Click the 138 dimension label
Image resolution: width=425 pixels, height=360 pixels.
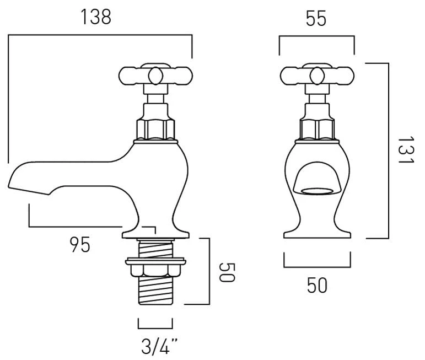tap(96, 17)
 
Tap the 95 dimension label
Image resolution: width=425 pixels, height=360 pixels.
tap(80, 245)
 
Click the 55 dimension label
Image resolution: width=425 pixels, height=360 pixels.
tap(316, 18)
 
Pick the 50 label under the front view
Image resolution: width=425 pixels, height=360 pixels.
tap(317, 285)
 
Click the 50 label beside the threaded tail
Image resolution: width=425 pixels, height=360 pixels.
tap(227, 272)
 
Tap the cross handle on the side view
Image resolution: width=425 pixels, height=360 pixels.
tap(155, 75)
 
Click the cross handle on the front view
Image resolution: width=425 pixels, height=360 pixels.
tap(317, 75)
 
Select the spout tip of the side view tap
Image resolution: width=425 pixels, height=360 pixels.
tap(9, 186)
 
